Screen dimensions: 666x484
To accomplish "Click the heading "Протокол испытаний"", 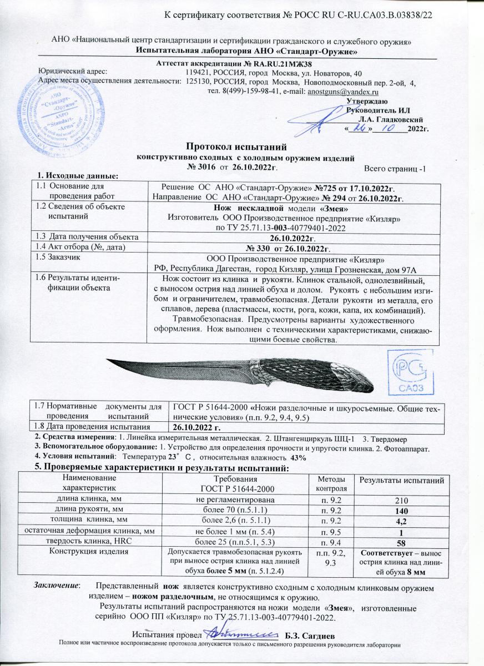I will click(x=236, y=147).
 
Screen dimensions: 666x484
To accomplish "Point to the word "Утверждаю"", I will click(x=364, y=101).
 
